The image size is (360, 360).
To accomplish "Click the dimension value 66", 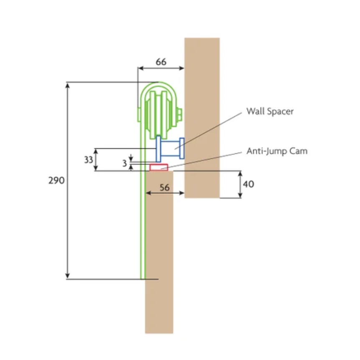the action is pyautogui.click(x=161, y=62).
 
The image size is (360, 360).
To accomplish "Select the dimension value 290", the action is pyautogui.click(x=56, y=180).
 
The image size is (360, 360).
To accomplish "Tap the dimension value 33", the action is pyautogui.click(x=89, y=160).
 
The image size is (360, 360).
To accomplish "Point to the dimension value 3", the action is pyautogui.click(x=124, y=163).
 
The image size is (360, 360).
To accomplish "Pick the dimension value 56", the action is pyautogui.click(x=165, y=188).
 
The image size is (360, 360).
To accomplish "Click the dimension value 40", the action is pyautogui.click(x=248, y=184).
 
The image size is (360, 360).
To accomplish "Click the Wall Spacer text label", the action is pyautogui.click(x=270, y=112).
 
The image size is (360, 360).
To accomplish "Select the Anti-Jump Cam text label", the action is pyautogui.click(x=277, y=151).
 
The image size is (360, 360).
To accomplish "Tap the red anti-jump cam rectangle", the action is pyautogui.click(x=159, y=167).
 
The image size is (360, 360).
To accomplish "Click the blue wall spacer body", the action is pyautogui.click(x=170, y=149).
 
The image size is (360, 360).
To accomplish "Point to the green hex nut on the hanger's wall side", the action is pyautogui.click(x=180, y=114).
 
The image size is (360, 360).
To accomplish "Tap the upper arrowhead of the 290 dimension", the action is pyautogui.click(x=68, y=85).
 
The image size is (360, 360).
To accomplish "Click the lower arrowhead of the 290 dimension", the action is pyautogui.click(x=68, y=276).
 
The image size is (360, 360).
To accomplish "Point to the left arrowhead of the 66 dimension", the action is pyautogui.click(x=141, y=68).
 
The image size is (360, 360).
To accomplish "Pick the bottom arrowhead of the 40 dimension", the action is pyautogui.click(x=240, y=195).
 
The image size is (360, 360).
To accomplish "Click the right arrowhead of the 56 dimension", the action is pyautogui.click(x=182, y=193).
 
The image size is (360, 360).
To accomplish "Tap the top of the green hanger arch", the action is pyautogui.click(x=159, y=82).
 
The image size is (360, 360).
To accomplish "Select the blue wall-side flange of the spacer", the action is pyautogui.click(x=182, y=148).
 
